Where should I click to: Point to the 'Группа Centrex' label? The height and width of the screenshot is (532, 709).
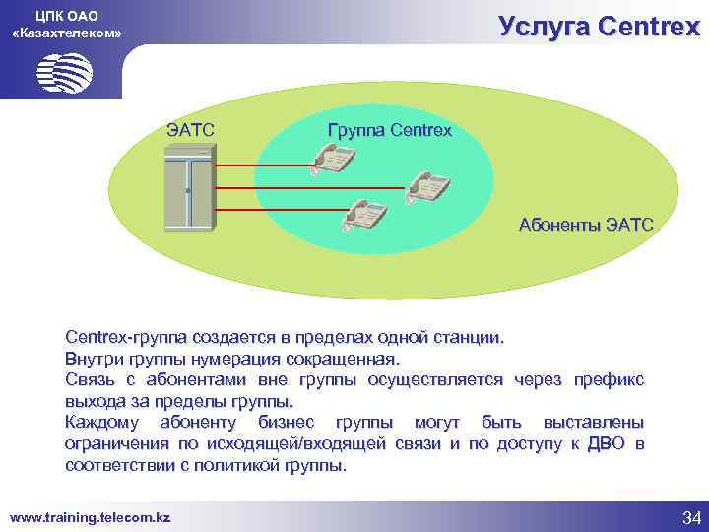[x=389, y=129]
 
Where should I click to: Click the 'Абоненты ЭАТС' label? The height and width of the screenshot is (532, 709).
[x=586, y=225]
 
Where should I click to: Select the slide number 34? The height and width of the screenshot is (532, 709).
[x=690, y=518]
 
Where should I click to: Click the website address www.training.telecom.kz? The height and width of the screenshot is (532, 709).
[x=90, y=517]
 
